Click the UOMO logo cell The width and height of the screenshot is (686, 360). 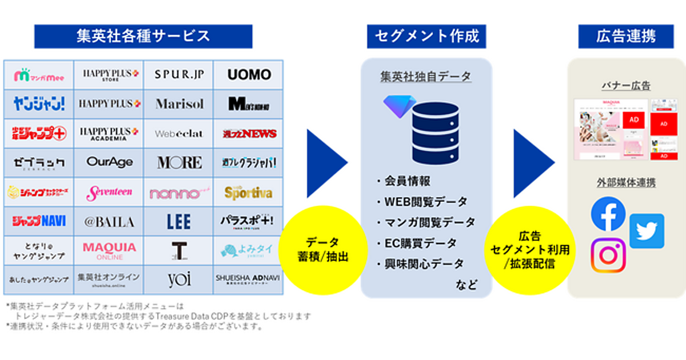tap(249, 74)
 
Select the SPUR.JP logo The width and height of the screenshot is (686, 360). tap(179, 74)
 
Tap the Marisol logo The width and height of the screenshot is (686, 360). tap(179, 104)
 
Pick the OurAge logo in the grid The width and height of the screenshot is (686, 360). tap(109, 162)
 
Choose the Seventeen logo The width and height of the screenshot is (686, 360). tap(109, 193)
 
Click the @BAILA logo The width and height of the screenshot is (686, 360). tap(109, 222)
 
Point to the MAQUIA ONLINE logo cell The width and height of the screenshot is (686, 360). tap(109, 250)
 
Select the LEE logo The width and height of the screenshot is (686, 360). tap(179, 222)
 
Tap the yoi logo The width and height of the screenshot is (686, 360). tap(179, 279)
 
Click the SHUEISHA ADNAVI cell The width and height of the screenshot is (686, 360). tap(248, 279)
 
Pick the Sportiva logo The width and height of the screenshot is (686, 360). tap(248, 193)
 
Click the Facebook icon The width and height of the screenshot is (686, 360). tap(608, 214)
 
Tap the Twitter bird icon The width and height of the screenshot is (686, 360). tap(647, 231)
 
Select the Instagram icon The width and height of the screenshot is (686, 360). tap(608, 255)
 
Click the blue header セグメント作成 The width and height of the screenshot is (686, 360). tap(426, 36)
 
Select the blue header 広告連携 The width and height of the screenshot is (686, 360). tap(626, 36)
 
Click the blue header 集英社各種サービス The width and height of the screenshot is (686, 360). tap(143, 36)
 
